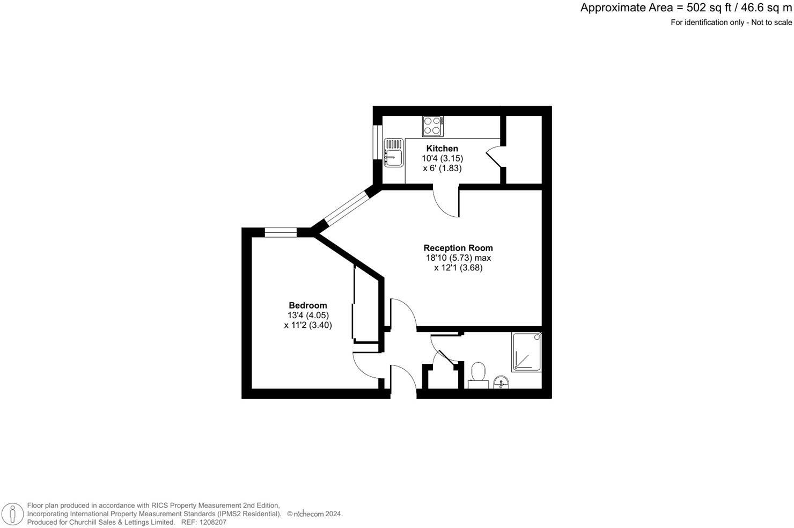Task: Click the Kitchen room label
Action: pos(442,149)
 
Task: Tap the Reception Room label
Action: pos(458,248)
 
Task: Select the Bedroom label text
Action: pos(307,305)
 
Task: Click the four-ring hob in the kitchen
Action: pos(432,126)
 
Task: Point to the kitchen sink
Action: pos(393,153)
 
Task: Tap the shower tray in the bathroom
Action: pos(526,352)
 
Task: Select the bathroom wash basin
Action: pos(501,382)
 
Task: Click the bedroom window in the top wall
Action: pos(281,232)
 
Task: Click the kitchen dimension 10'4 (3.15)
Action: pos(442,158)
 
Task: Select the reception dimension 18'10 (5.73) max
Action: pos(458,258)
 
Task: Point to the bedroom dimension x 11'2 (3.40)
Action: pos(308,325)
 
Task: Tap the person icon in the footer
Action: pos(12,514)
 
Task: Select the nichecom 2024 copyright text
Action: pos(315,514)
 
